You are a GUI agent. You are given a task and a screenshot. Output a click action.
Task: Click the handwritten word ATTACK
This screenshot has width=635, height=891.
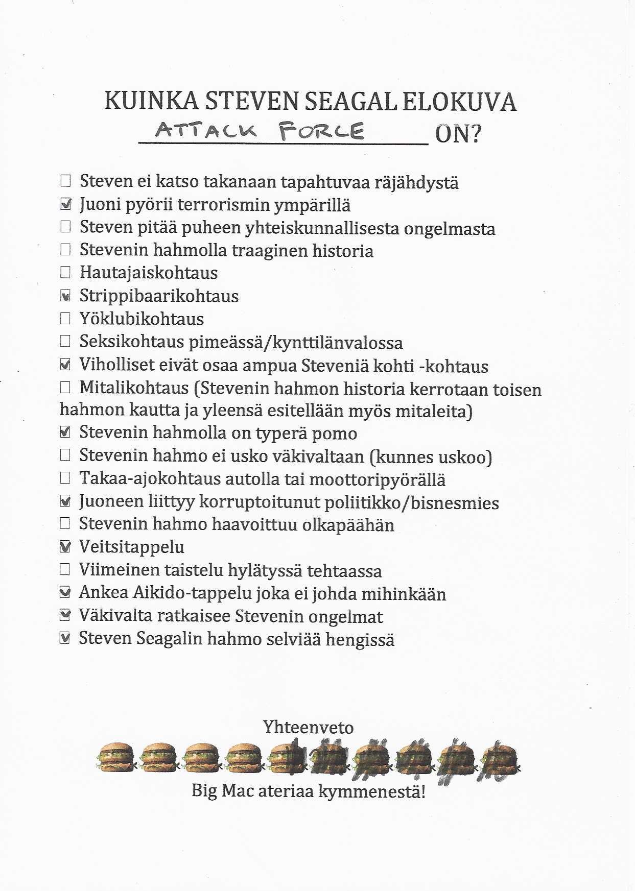pos(205,130)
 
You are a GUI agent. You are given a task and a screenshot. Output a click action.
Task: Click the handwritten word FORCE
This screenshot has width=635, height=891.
pos(321,131)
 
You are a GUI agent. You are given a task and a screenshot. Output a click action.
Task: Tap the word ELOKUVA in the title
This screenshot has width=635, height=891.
pos(459,101)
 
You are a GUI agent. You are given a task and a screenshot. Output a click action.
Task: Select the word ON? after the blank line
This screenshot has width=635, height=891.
pos(458,134)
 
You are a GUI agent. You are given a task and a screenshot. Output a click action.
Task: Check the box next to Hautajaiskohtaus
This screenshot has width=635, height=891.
pos(65,272)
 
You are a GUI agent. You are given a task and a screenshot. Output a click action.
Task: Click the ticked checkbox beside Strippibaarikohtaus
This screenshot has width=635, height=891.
pos(65,296)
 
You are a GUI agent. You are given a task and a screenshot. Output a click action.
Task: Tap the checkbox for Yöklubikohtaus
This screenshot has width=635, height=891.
pos(65,319)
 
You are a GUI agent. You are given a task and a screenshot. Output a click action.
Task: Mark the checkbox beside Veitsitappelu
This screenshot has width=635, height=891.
pos(65,546)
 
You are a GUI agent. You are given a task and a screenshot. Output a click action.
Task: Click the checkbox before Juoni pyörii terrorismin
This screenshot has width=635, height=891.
pos(65,204)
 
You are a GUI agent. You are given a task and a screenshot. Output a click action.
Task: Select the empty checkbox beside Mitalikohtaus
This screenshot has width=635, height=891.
pos(65,388)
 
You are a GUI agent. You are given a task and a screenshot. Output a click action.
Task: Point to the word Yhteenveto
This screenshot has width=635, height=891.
pos(308,727)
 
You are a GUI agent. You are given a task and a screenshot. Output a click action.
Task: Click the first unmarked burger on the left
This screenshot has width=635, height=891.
pos(115,757)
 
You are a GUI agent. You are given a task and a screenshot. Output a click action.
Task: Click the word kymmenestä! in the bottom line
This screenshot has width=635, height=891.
pos(372,791)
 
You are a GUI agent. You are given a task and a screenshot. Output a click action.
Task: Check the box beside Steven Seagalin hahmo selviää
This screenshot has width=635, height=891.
pos(65,638)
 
